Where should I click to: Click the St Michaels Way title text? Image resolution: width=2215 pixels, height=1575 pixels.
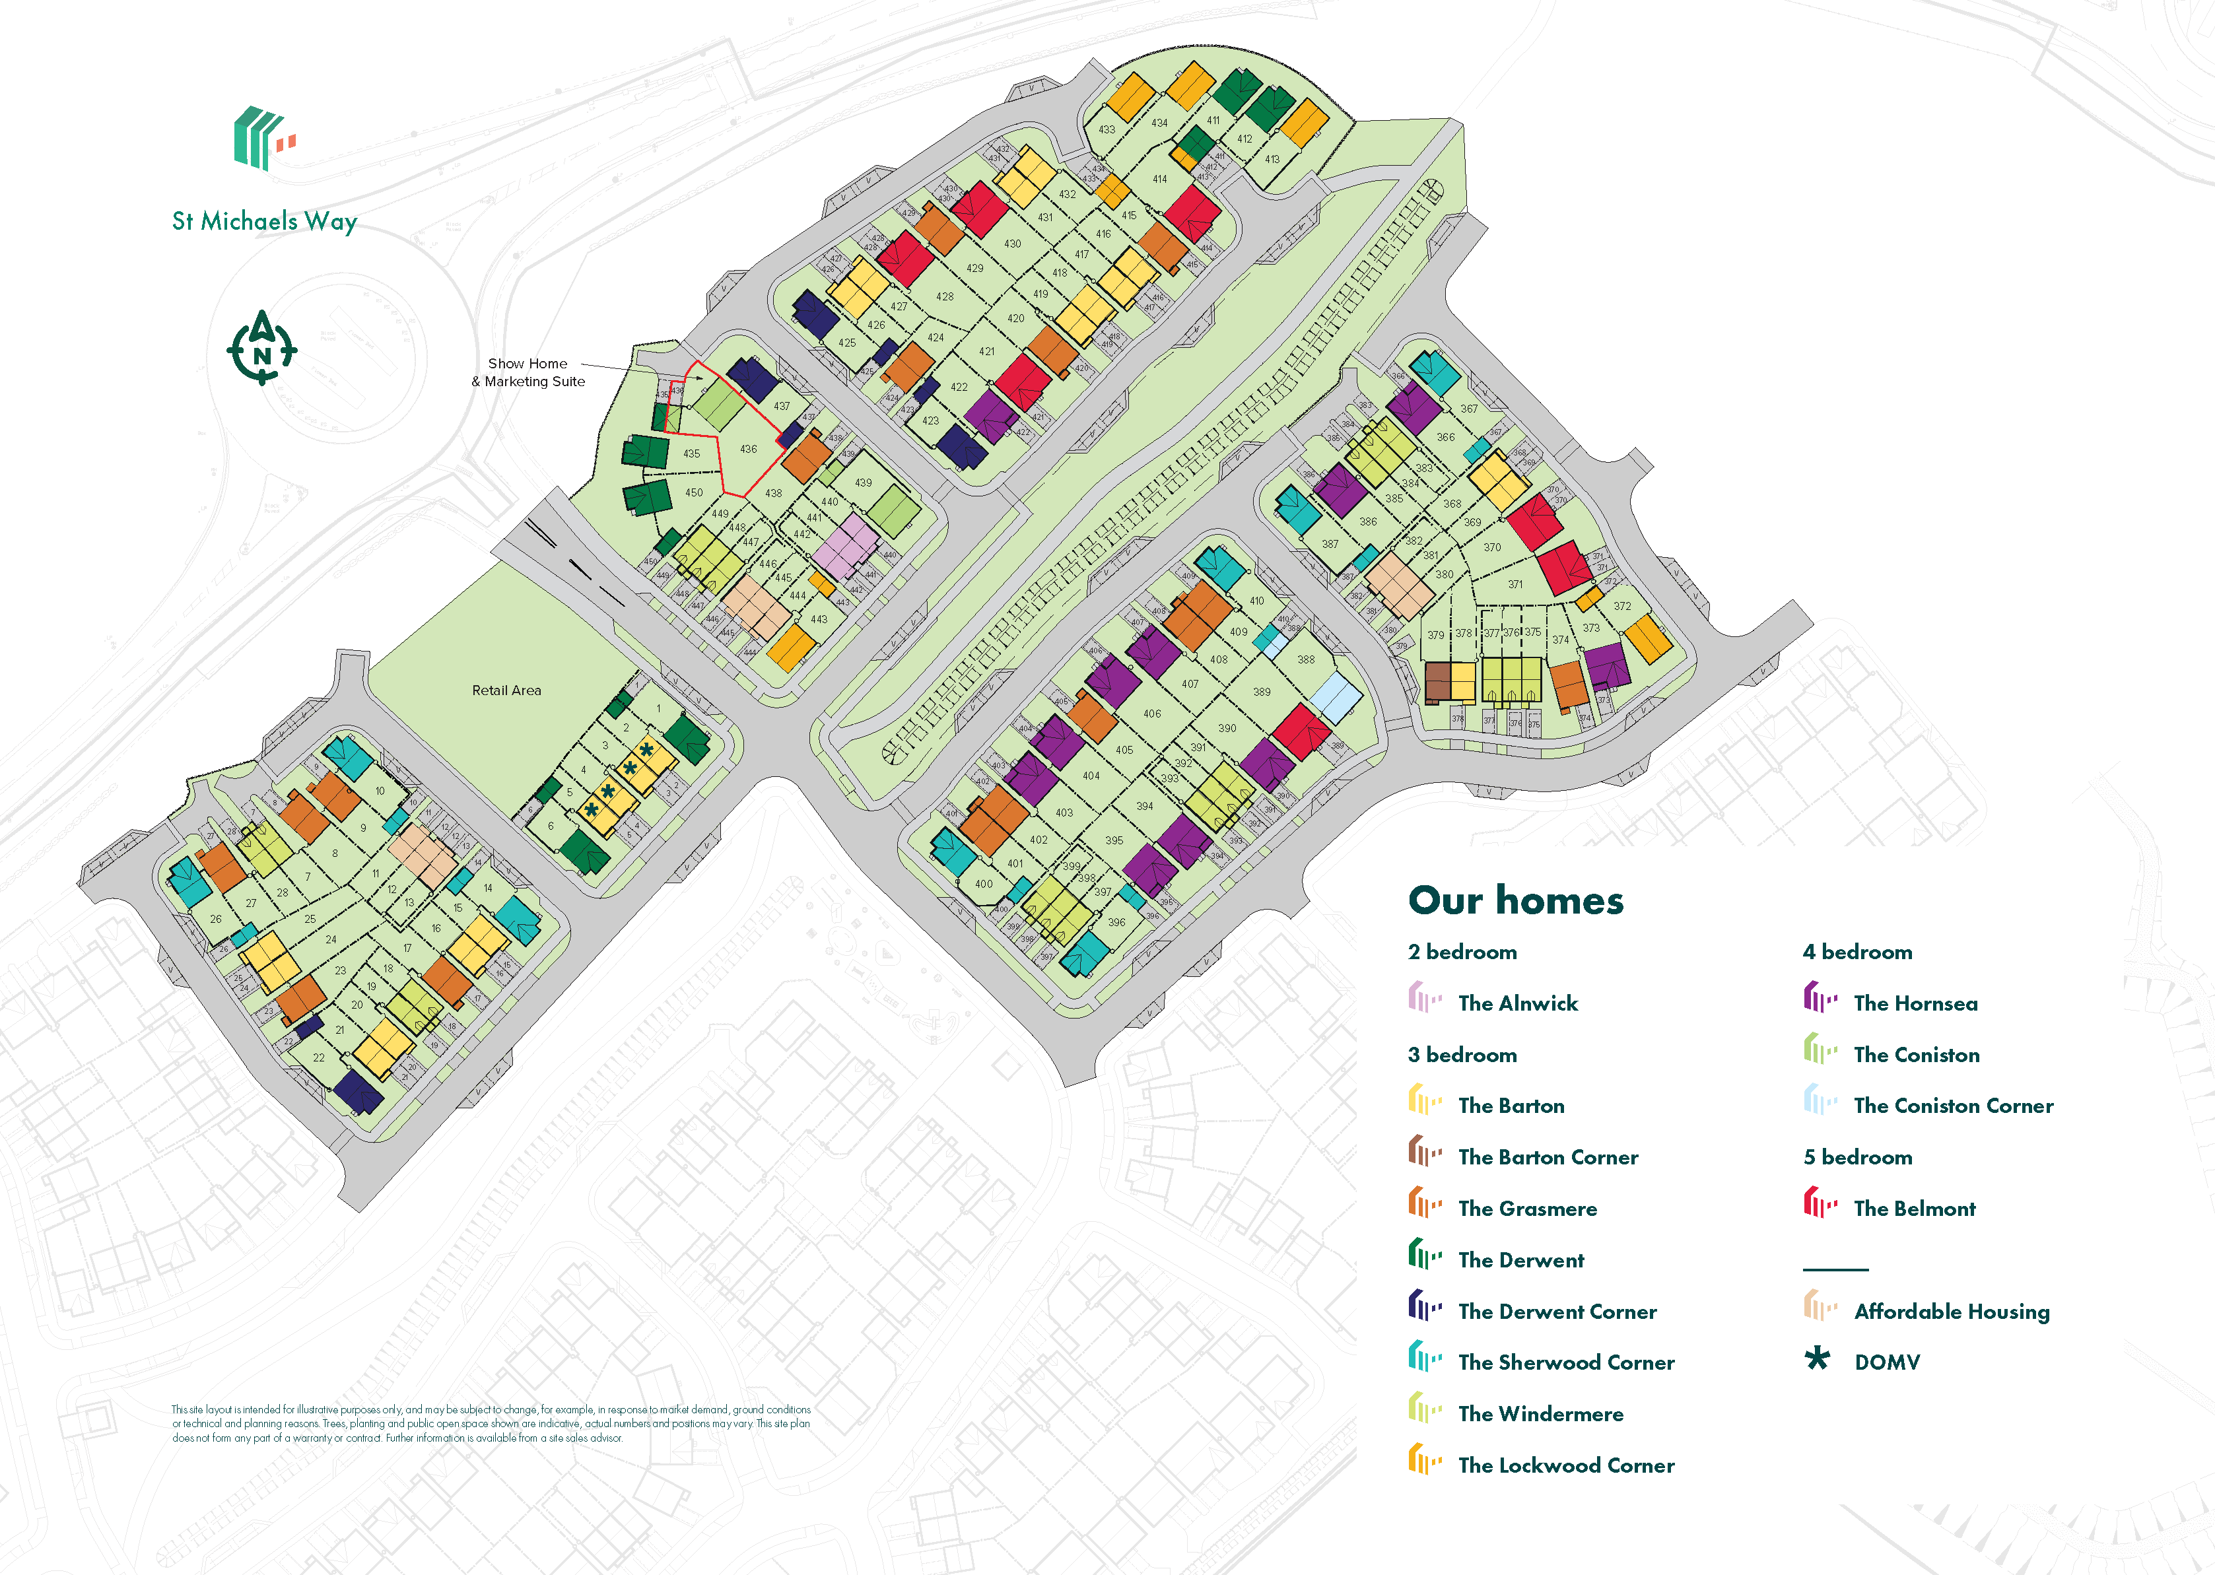tap(264, 221)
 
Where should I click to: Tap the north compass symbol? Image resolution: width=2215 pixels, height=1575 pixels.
tap(262, 347)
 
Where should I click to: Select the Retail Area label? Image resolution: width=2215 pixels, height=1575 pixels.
tap(506, 690)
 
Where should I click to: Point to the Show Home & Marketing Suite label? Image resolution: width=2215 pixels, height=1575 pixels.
tap(529, 372)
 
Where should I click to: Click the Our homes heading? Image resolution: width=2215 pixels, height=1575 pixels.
tap(1515, 900)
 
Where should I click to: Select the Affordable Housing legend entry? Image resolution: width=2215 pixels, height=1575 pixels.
tap(1950, 1311)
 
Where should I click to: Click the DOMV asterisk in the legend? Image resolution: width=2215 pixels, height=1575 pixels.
tap(1816, 1358)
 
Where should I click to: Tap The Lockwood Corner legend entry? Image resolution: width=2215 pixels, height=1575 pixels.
tap(1565, 1465)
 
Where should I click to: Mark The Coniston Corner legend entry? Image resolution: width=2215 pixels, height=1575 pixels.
tap(1952, 1106)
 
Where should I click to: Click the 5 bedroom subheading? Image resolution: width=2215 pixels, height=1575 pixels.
tap(1857, 1157)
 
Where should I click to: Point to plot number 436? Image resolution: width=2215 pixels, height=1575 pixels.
tap(748, 449)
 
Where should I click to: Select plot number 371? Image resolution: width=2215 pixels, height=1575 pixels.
tap(1515, 585)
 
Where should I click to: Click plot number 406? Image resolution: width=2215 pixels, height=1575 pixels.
tap(1151, 714)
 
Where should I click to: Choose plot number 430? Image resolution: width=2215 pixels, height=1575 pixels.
tap(1011, 244)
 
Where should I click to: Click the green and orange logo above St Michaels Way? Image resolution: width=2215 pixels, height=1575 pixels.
tap(263, 139)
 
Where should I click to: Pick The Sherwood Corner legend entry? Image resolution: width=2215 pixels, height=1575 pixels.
tap(1565, 1362)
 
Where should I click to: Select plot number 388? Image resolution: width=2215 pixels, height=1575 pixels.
tap(1305, 659)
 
